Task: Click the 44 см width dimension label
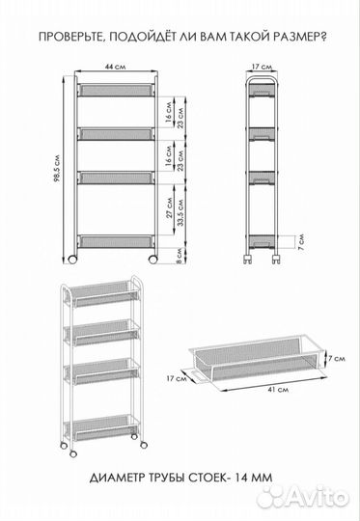coord(116,67)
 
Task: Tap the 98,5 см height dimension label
coord(57,169)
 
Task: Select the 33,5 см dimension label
coord(180,212)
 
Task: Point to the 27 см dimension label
coord(170,207)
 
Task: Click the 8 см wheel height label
coord(180,256)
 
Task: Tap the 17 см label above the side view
coord(262,67)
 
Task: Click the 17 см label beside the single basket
coord(177,378)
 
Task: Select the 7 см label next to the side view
coord(301,241)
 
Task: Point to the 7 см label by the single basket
coord(337,359)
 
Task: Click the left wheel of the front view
coord(72,260)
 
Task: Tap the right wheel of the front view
coord(152,260)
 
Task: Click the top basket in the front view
coord(116,90)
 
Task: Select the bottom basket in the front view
coord(116,241)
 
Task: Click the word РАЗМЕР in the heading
coord(296,37)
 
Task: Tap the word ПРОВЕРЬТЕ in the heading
coord(71,37)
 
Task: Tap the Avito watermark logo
coord(304,497)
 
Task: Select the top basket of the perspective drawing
coord(103,293)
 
